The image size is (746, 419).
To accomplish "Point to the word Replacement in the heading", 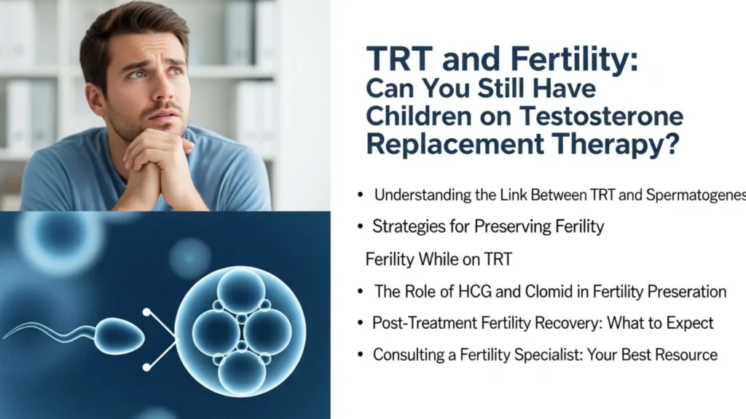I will click(445, 143).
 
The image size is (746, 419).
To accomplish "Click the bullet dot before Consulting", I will click(361, 355).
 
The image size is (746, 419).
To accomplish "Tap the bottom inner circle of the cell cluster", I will click(241, 371).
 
